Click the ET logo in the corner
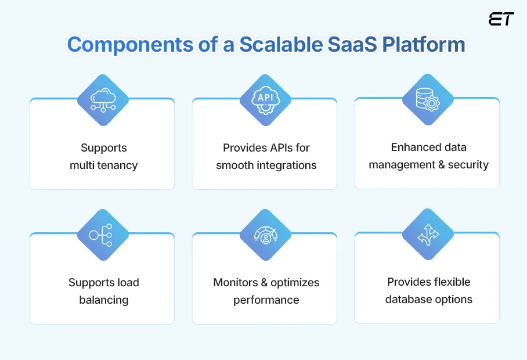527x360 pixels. click(501, 19)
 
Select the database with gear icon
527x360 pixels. click(428, 99)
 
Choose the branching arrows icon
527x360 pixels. click(428, 234)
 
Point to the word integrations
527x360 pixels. click(283, 165)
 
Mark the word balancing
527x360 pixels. click(104, 300)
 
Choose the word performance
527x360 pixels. click(266, 300)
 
